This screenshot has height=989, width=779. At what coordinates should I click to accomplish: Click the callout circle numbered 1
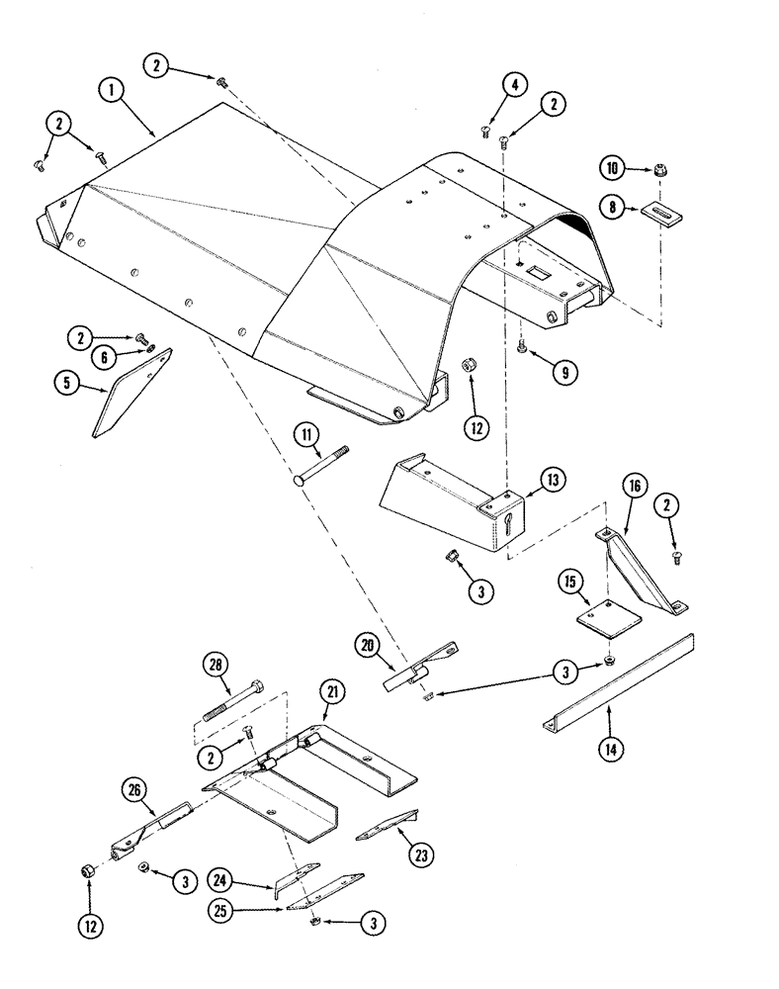click(114, 90)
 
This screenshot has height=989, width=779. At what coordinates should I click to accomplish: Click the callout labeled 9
click(566, 374)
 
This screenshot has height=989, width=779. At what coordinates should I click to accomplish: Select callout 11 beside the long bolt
click(307, 432)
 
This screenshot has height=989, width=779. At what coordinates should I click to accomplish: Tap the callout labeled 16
click(634, 486)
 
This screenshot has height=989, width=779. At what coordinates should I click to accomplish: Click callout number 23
click(396, 852)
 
